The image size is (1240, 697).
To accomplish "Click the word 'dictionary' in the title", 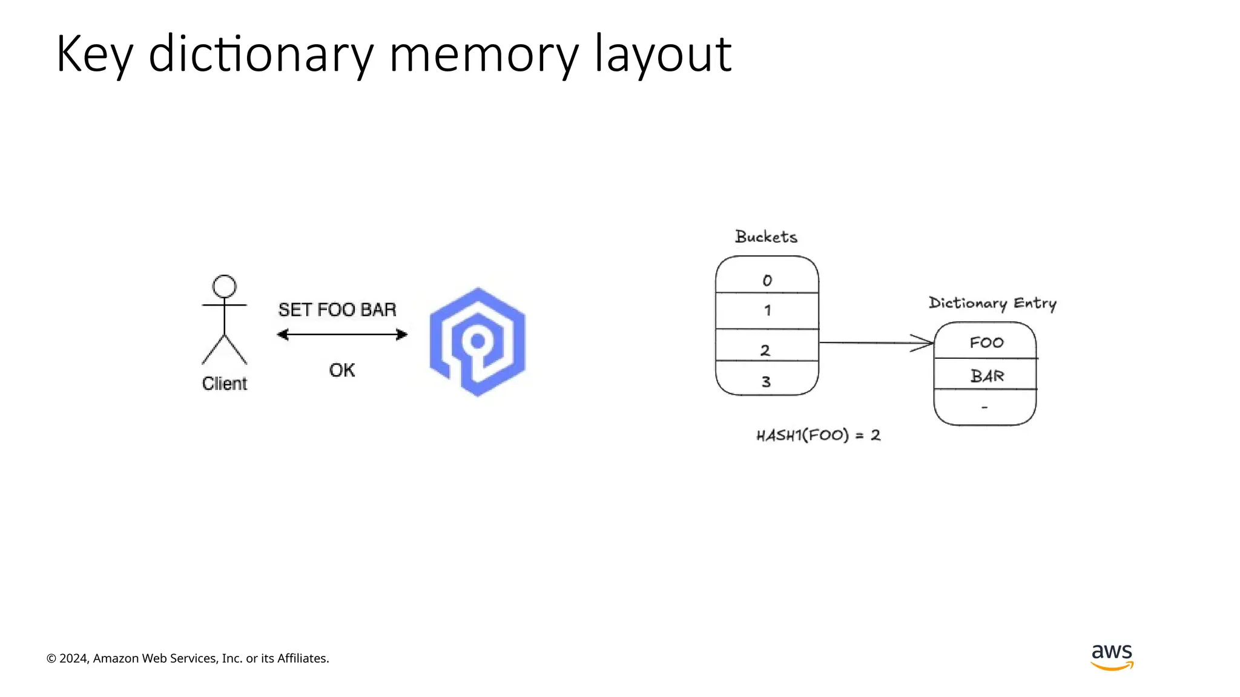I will pyautogui.click(x=260, y=54).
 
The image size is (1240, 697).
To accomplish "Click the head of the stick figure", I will pyautogui.click(x=225, y=286).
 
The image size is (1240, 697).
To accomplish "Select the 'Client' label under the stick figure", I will pyautogui.click(x=225, y=384).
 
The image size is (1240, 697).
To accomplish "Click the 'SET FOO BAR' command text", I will pyautogui.click(x=337, y=310).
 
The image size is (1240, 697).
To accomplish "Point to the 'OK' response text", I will pyautogui.click(x=342, y=370).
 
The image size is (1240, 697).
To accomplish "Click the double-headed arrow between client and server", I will pyautogui.click(x=342, y=335).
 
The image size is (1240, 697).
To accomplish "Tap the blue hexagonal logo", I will pyautogui.click(x=478, y=342).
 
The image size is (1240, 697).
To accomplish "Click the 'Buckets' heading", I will pyautogui.click(x=766, y=237).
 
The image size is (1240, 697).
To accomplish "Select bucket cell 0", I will pyautogui.click(x=767, y=280).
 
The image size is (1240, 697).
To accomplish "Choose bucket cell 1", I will pyautogui.click(x=767, y=311).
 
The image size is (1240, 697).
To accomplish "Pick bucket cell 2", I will pyautogui.click(x=766, y=349).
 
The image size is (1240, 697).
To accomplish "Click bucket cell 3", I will pyautogui.click(x=766, y=381).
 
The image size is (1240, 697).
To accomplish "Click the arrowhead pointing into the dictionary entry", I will pyautogui.click(x=923, y=343).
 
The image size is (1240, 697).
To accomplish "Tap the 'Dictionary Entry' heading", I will pyautogui.click(x=992, y=303).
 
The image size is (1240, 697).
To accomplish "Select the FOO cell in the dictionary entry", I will pyautogui.click(x=986, y=342).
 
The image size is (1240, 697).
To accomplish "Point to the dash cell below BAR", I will pyautogui.click(x=985, y=408).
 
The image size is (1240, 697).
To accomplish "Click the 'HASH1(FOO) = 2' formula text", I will pyautogui.click(x=818, y=435).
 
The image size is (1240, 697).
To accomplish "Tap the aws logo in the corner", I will pyautogui.click(x=1112, y=656).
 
